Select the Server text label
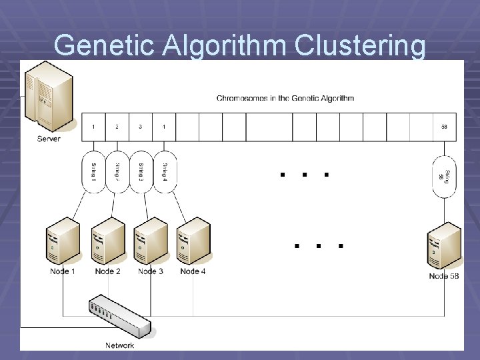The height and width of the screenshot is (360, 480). [49, 139]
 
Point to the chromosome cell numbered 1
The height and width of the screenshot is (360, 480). [93, 127]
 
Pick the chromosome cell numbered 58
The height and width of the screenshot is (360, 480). [444, 127]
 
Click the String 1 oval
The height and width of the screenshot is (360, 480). [93, 173]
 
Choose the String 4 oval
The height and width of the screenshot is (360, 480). [165, 173]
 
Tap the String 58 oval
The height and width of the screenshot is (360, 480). [444, 177]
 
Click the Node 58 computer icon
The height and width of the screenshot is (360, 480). [444, 247]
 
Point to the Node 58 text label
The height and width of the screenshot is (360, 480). [444, 276]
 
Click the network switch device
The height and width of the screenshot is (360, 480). [120, 317]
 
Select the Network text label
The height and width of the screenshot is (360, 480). [120, 345]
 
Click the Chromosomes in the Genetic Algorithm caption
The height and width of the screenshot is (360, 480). [285, 99]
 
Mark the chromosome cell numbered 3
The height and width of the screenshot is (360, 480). [141, 127]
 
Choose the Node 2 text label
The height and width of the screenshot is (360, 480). [107, 271]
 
